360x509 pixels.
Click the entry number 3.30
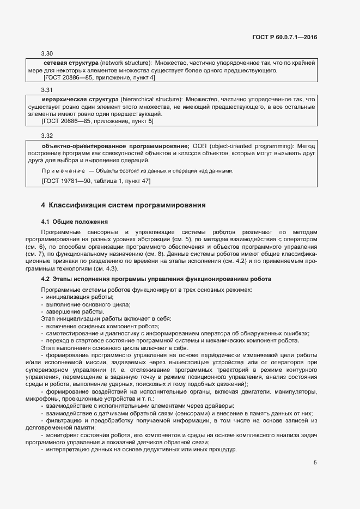(x=47, y=53)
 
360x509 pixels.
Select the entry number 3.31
(x=47, y=90)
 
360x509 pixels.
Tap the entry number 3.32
(x=47, y=135)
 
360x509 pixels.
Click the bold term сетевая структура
(x=70, y=63)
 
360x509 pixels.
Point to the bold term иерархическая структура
(x=77, y=100)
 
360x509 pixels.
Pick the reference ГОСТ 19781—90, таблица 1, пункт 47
(x=96, y=180)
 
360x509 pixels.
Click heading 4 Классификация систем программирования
(x=123, y=205)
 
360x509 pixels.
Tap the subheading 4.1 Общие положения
(x=75, y=222)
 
